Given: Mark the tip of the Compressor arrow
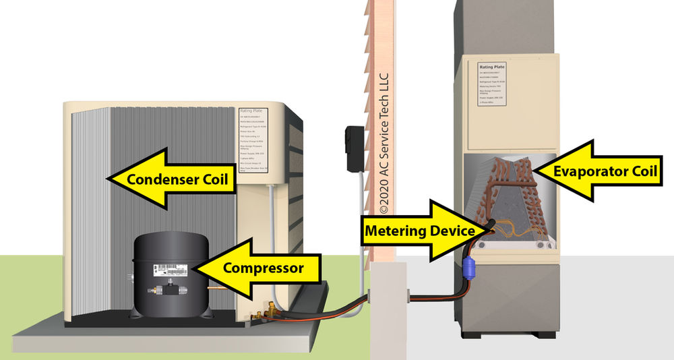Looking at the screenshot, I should point(192,268).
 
